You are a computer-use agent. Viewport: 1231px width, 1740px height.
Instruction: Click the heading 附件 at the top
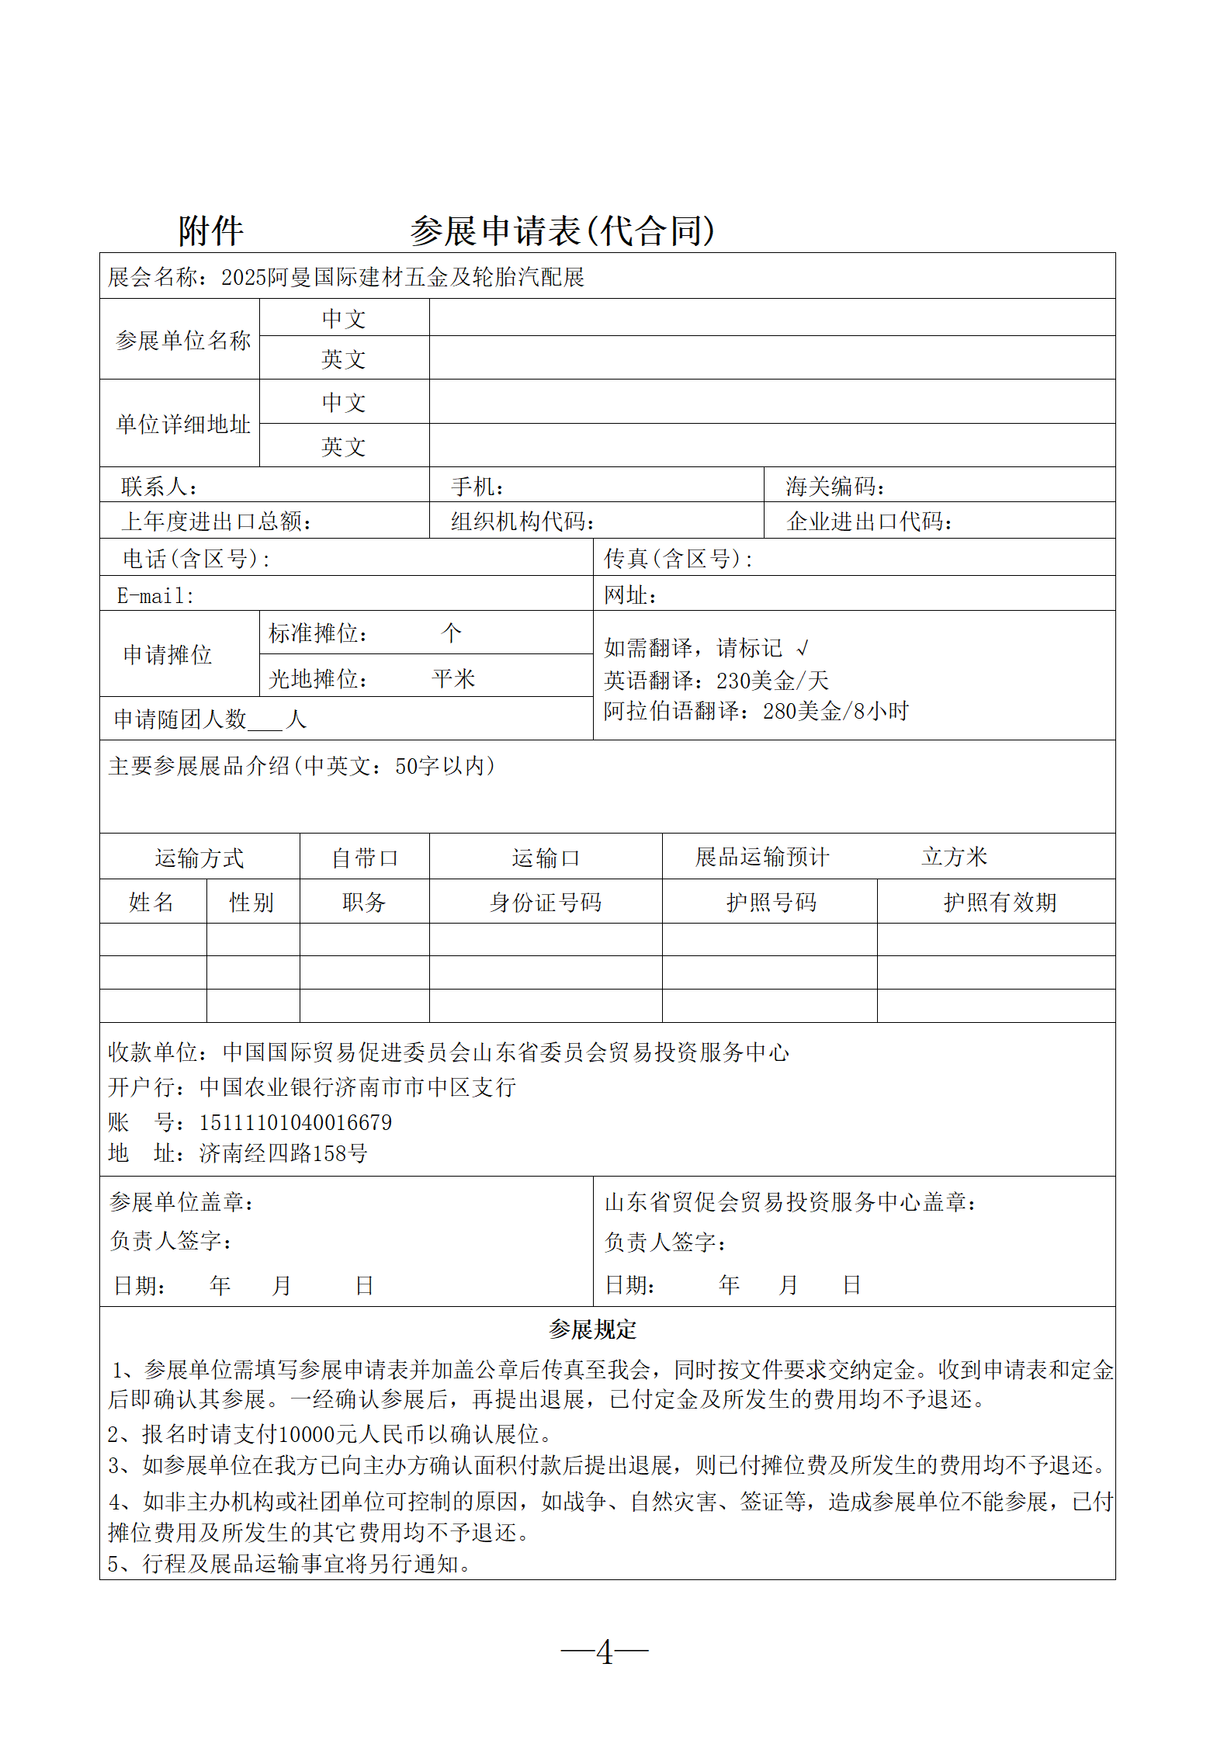(210, 231)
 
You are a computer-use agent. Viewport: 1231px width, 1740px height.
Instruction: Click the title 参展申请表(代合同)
(562, 231)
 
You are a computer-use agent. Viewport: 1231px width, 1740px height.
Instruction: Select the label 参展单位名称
(183, 340)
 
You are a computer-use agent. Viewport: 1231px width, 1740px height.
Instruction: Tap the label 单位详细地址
(183, 424)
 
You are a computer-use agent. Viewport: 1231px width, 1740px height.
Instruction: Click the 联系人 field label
(159, 487)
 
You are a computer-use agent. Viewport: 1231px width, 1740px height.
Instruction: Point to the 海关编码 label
(834, 487)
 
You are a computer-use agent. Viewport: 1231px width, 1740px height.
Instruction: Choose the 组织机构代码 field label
(522, 522)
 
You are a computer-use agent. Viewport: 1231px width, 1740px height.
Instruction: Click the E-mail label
(155, 595)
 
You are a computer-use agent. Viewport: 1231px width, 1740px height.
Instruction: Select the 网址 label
(630, 595)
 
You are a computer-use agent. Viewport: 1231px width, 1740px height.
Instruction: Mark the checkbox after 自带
(389, 858)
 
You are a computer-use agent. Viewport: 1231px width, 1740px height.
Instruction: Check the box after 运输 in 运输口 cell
(570, 858)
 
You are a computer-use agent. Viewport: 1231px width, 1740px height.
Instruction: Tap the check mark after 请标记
(803, 648)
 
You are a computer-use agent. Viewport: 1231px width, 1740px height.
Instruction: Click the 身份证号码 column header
(546, 902)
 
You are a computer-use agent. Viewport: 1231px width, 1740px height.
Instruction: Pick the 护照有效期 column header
(1000, 902)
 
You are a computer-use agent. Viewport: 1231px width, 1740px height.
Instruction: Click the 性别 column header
(251, 902)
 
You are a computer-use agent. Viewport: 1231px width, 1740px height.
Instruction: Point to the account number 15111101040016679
(295, 1122)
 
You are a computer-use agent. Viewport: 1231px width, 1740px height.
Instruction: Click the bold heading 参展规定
(592, 1329)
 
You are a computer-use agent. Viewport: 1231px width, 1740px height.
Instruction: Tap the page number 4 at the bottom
(605, 1653)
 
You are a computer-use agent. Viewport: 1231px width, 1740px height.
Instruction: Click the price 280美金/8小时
(835, 711)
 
